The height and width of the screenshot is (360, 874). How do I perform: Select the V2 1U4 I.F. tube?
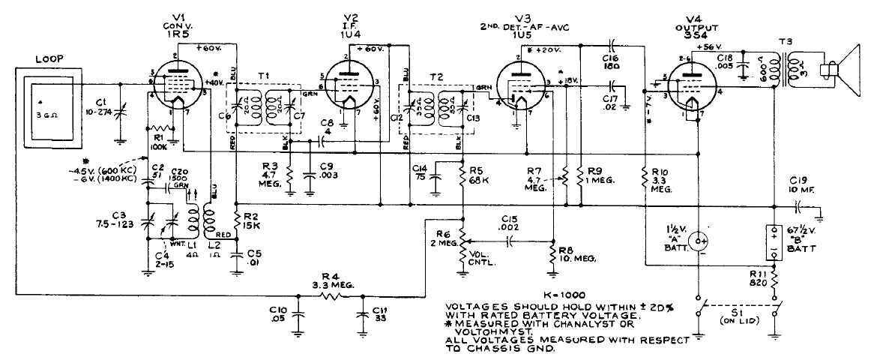(x=348, y=84)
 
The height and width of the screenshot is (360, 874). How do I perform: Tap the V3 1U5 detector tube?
(x=522, y=88)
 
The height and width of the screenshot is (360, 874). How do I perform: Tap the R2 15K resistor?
(x=236, y=223)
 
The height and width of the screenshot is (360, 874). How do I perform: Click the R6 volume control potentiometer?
(x=462, y=241)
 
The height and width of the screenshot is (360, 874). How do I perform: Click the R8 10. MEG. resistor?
(x=552, y=257)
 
